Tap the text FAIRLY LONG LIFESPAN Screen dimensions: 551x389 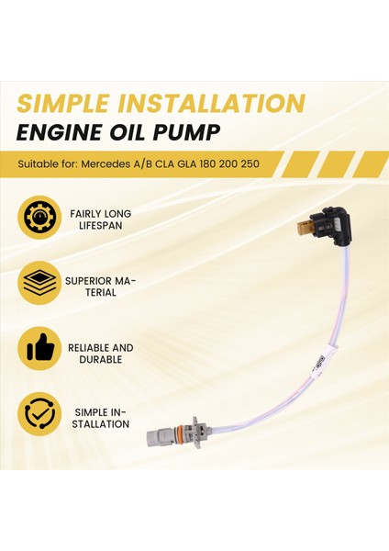coord(100,219)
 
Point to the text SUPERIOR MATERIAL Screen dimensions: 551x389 coord(100,286)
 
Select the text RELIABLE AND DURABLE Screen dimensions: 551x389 coord(100,354)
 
